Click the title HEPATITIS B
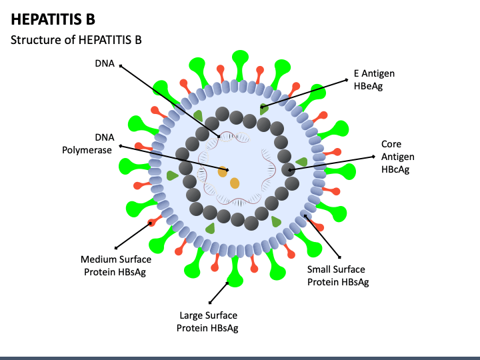pyautogui.click(x=53, y=19)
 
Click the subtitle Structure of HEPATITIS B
pyautogui.click(x=76, y=40)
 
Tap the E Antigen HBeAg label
pyautogui.click(x=374, y=79)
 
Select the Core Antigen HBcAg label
pyautogui.click(x=397, y=157)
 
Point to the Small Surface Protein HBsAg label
pyautogui.click(x=338, y=275)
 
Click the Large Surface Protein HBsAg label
pyautogui.click(x=208, y=321)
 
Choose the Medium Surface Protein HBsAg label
pyautogui.click(x=116, y=266)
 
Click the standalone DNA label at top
pyautogui.click(x=105, y=63)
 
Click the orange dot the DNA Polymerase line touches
pyautogui.click(x=223, y=172)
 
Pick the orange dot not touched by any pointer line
pyautogui.click(x=235, y=183)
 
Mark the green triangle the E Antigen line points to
pyautogui.click(x=263, y=109)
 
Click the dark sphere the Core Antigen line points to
pyautogui.click(x=289, y=169)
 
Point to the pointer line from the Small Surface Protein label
pyautogui.click(x=322, y=236)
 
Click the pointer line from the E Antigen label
pyautogui.click(x=304, y=93)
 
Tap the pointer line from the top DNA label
pyautogui.click(x=169, y=101)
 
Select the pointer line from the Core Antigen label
pyautogui.click(x=331, y=163)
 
